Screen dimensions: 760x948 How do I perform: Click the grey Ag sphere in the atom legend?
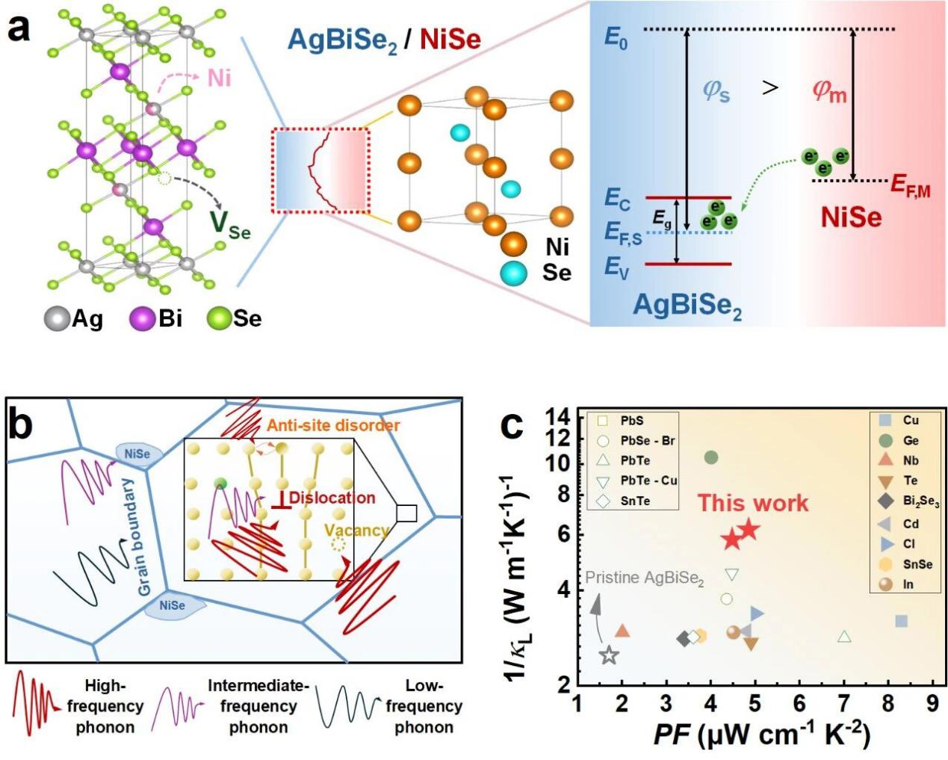pyautogui.click(x=57, y=319)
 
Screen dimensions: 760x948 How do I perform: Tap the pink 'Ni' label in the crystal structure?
pyautogui.click(x=219, y=78)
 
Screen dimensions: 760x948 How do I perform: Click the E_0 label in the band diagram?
pyautogui.click(x=616, y=37)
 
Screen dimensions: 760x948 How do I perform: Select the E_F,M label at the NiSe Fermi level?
pyautogui.click(x=911, y=186)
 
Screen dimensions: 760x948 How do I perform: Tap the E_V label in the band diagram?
pyautogui.click(x=616, y=268)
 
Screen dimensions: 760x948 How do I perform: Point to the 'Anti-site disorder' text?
pyautogui.click(x=333, y=425)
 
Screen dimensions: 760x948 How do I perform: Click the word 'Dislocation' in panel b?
pyautogui.click(x=332, y=498)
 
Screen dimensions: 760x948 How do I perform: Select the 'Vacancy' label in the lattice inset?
pyautogui.click(x=356, y=531)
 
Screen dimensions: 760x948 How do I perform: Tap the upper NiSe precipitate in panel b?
pyautogui.click(x=137, y=454)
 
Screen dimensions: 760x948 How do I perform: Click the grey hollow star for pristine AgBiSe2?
pyautogui.click(x=610, y=655)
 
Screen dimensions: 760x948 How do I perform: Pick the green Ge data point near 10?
pyautogui.click(x=711, y=457)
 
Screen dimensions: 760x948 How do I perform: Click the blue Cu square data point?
pyautogui.click(x=902, y=621)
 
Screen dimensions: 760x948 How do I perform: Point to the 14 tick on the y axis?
pyautogui.click(x=559, y=416)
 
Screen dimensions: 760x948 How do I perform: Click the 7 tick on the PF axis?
pyautogui.click(x=844, y=703)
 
